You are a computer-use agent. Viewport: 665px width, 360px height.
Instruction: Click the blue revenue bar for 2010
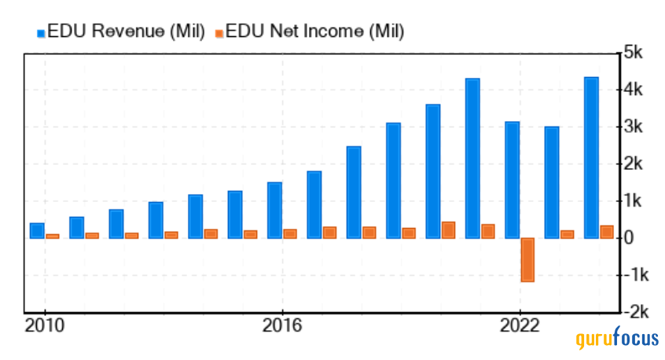click(x=37, y=230)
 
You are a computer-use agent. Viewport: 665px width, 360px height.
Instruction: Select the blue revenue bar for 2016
click(x=274, y=210)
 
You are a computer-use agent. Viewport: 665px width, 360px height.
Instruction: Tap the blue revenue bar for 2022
click(x=512, y=180)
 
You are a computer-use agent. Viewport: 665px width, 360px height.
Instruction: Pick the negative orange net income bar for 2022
click(x=527, y=259)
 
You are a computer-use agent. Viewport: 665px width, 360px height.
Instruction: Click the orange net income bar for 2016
click(x=289, y=233)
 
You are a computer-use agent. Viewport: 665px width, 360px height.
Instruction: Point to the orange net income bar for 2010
click(x=52, y=236)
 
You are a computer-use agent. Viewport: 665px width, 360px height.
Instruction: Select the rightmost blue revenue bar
click(x=591, y=157)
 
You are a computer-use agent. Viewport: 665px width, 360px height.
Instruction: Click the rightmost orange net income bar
click(x=606, y=232)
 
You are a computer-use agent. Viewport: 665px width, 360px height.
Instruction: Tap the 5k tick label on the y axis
click(x=634, y=53)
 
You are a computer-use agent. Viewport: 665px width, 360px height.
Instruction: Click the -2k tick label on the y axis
click(x=634, y=312)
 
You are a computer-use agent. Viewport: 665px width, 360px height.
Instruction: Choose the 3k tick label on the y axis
click(x=634, y=127)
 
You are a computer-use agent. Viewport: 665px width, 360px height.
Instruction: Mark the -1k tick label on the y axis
click(x=634, y=275)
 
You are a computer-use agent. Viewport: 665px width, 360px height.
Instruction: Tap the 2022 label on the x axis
click(x=519, y=325)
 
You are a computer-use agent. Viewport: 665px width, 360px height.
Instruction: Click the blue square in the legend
click(x=41, y=32)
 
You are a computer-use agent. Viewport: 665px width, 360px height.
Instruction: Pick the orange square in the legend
click(x=219, y=32)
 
